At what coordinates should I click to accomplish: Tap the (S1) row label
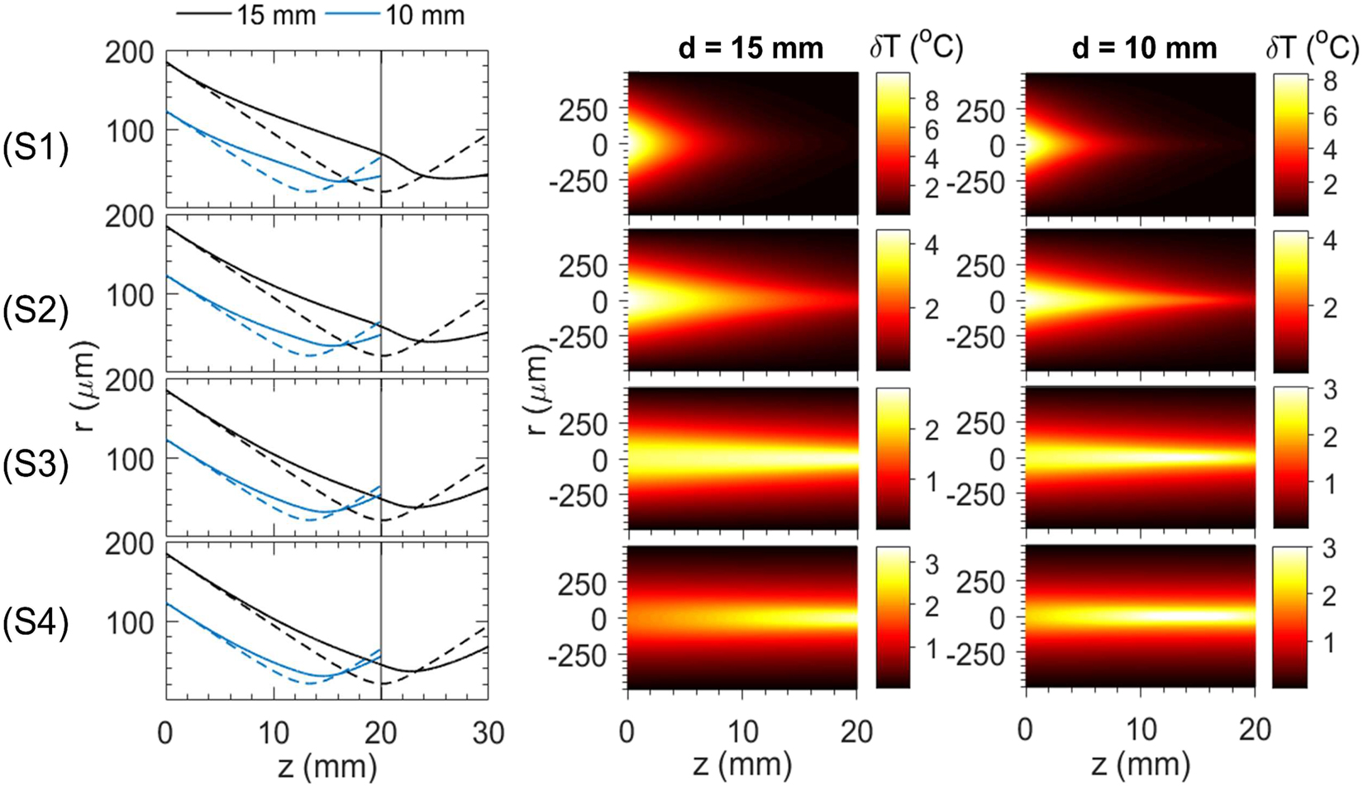point(36,151)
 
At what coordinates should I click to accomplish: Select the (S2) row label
point(36,311)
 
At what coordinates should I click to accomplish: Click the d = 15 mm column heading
point(751,49)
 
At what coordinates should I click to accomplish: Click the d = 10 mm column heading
point(1144,49)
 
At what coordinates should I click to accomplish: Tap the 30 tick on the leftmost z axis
point(487,732)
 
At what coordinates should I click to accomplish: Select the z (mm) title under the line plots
point(327,765)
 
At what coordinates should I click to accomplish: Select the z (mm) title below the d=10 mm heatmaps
point(1140,765)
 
